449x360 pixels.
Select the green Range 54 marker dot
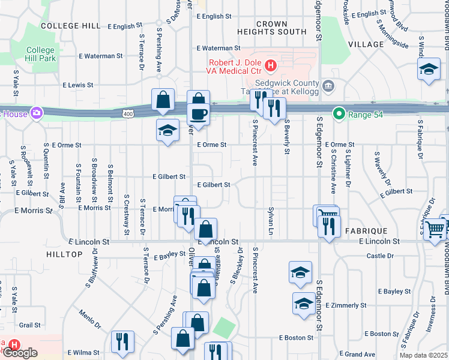tap(339, 113)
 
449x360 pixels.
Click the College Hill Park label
tap(41, 55)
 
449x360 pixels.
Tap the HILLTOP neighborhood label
tap(64, 254)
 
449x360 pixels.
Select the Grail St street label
tap(29, 325)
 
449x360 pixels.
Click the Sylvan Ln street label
tap(271, 221)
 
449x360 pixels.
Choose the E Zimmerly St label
tap(345, 305)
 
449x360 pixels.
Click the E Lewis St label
tap(86, 86)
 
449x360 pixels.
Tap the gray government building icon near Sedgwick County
tap(328, 85)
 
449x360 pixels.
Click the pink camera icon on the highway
tap(37, 112)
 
